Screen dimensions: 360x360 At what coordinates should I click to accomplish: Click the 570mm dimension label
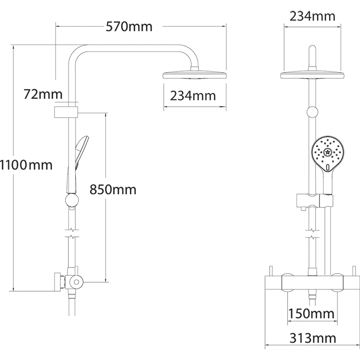pyautogui.click(x=129, y=27)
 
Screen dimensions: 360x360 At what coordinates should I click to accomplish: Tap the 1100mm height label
pyautogui.click(x=26, y=165)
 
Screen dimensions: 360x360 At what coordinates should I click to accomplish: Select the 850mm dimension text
pyautogui.click(x=113, y=189)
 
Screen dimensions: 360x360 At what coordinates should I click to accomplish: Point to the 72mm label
pyautogui.click(x=43, y=94)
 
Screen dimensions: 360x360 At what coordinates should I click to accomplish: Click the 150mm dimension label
pyautogui.click(x=311, y=314)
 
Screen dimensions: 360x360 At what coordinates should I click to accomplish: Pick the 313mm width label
pyautogui.click(x=313, y=338)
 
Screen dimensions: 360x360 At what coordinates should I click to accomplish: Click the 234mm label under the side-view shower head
pyautogui.click(x=193, y=96)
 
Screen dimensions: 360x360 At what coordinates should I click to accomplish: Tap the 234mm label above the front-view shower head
pyautogui.click(x=312, y=17)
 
